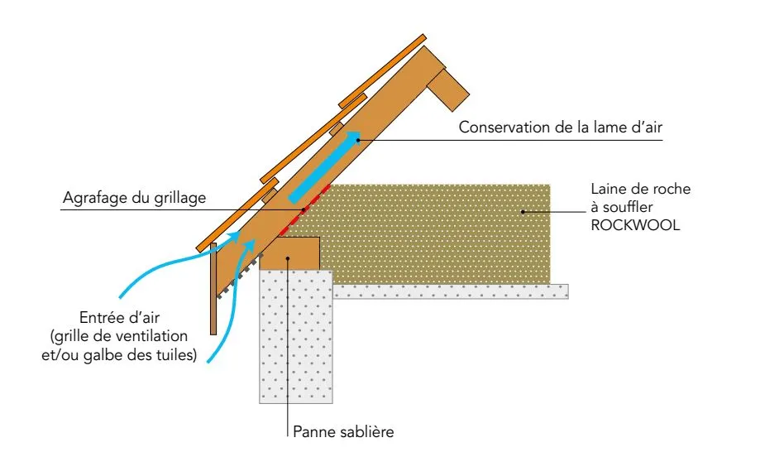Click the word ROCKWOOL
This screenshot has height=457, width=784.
635,225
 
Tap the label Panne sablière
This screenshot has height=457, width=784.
343,431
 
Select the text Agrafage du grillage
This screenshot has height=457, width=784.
135,198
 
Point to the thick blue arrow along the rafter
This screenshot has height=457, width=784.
324,166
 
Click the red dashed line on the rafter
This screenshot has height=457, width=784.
304,210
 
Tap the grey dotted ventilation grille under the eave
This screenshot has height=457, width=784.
239,277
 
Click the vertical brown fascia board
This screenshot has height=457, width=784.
213,289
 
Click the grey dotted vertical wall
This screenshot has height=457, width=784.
296,337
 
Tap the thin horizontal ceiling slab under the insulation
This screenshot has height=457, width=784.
451,291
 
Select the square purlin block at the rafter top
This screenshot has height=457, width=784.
448,89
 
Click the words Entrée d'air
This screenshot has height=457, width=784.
119,317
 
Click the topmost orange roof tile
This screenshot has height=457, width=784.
383,70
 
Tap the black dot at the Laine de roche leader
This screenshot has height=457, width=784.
523,212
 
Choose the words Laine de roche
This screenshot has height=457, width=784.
640,189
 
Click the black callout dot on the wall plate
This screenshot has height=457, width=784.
288,258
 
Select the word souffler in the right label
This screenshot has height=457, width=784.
628,207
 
